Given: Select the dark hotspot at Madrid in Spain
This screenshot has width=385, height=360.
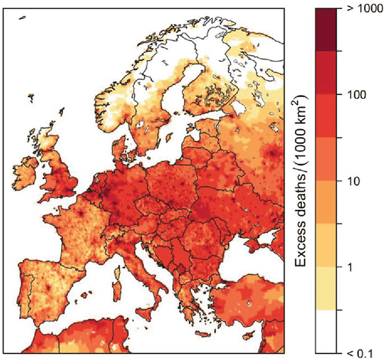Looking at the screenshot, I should click(x=48, y=286).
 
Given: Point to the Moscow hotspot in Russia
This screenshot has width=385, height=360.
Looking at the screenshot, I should click(x=274, y=153).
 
